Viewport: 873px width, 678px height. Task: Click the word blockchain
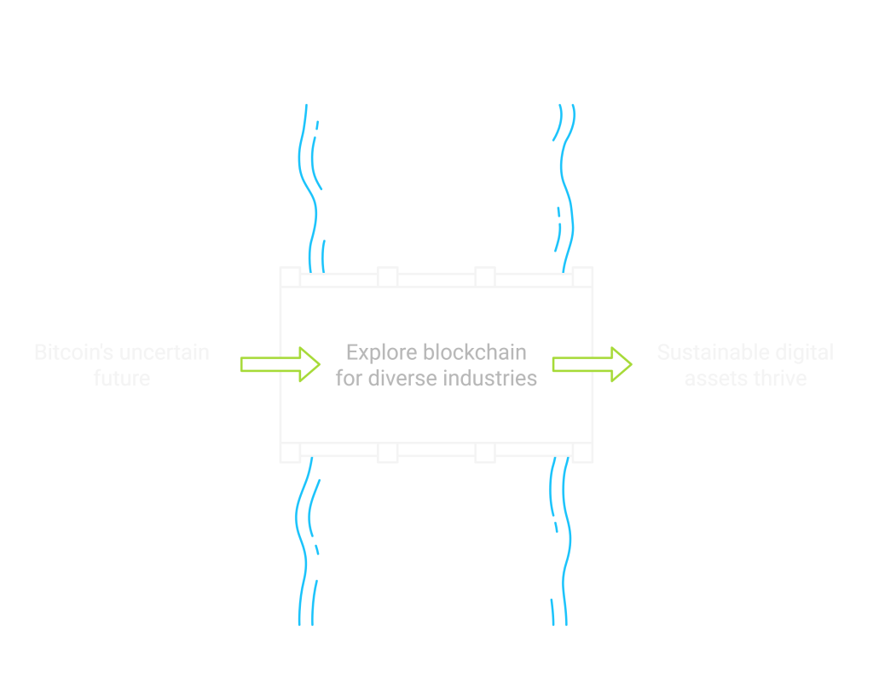tap(475, 352)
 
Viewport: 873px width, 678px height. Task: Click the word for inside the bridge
tap(350, 379)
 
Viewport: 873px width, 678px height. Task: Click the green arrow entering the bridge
tap(280, 365)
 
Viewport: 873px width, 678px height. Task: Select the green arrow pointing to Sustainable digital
tap(592, 365)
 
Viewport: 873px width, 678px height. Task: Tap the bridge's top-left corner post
tap(291, 277)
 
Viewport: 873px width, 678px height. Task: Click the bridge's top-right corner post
tap(582, 277)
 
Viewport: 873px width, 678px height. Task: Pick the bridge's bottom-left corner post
tap(291, 452)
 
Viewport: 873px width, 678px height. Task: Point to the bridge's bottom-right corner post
tap(582, 452)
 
